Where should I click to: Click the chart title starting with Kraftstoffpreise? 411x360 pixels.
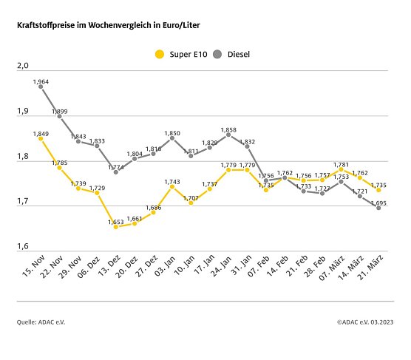(x=109, y=25)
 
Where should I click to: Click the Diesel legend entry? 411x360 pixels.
(x=231, y=53)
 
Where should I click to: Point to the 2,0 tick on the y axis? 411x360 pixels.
(x=22, y=67)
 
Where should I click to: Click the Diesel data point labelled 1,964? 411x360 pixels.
(x=41, y=86)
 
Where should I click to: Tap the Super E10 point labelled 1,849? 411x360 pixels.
(x=41, y=138)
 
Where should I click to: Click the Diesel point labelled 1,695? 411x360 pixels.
(x=378, y=208)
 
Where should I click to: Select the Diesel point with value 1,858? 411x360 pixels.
(x=228, y=135)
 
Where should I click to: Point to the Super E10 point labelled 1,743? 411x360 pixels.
(x=172, y=186)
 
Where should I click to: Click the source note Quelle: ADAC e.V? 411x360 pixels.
(x=41, y=322)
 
